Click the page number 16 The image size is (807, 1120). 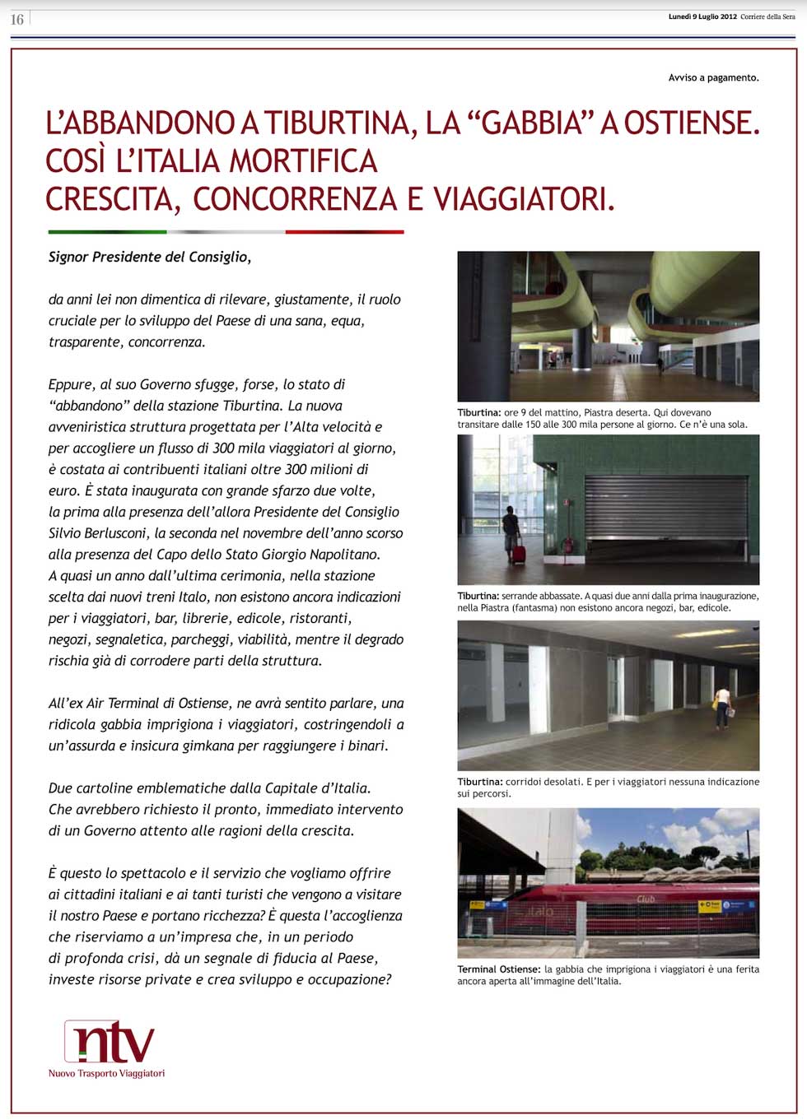tap(16, 19)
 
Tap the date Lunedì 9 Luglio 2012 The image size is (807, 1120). tap(702, 16)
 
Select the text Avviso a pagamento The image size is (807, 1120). tap(713, 77)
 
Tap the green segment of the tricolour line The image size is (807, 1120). tap(107, 232)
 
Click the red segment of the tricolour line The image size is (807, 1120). tap(344, 232)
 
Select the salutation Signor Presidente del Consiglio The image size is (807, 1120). tap(150, 257)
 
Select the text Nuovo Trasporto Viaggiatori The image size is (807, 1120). tap(106, 1073)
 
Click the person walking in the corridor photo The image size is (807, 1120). tap(722, 707)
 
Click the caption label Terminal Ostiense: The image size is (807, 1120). tap(499, 969)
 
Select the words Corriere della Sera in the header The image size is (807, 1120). tap(767, 16)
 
